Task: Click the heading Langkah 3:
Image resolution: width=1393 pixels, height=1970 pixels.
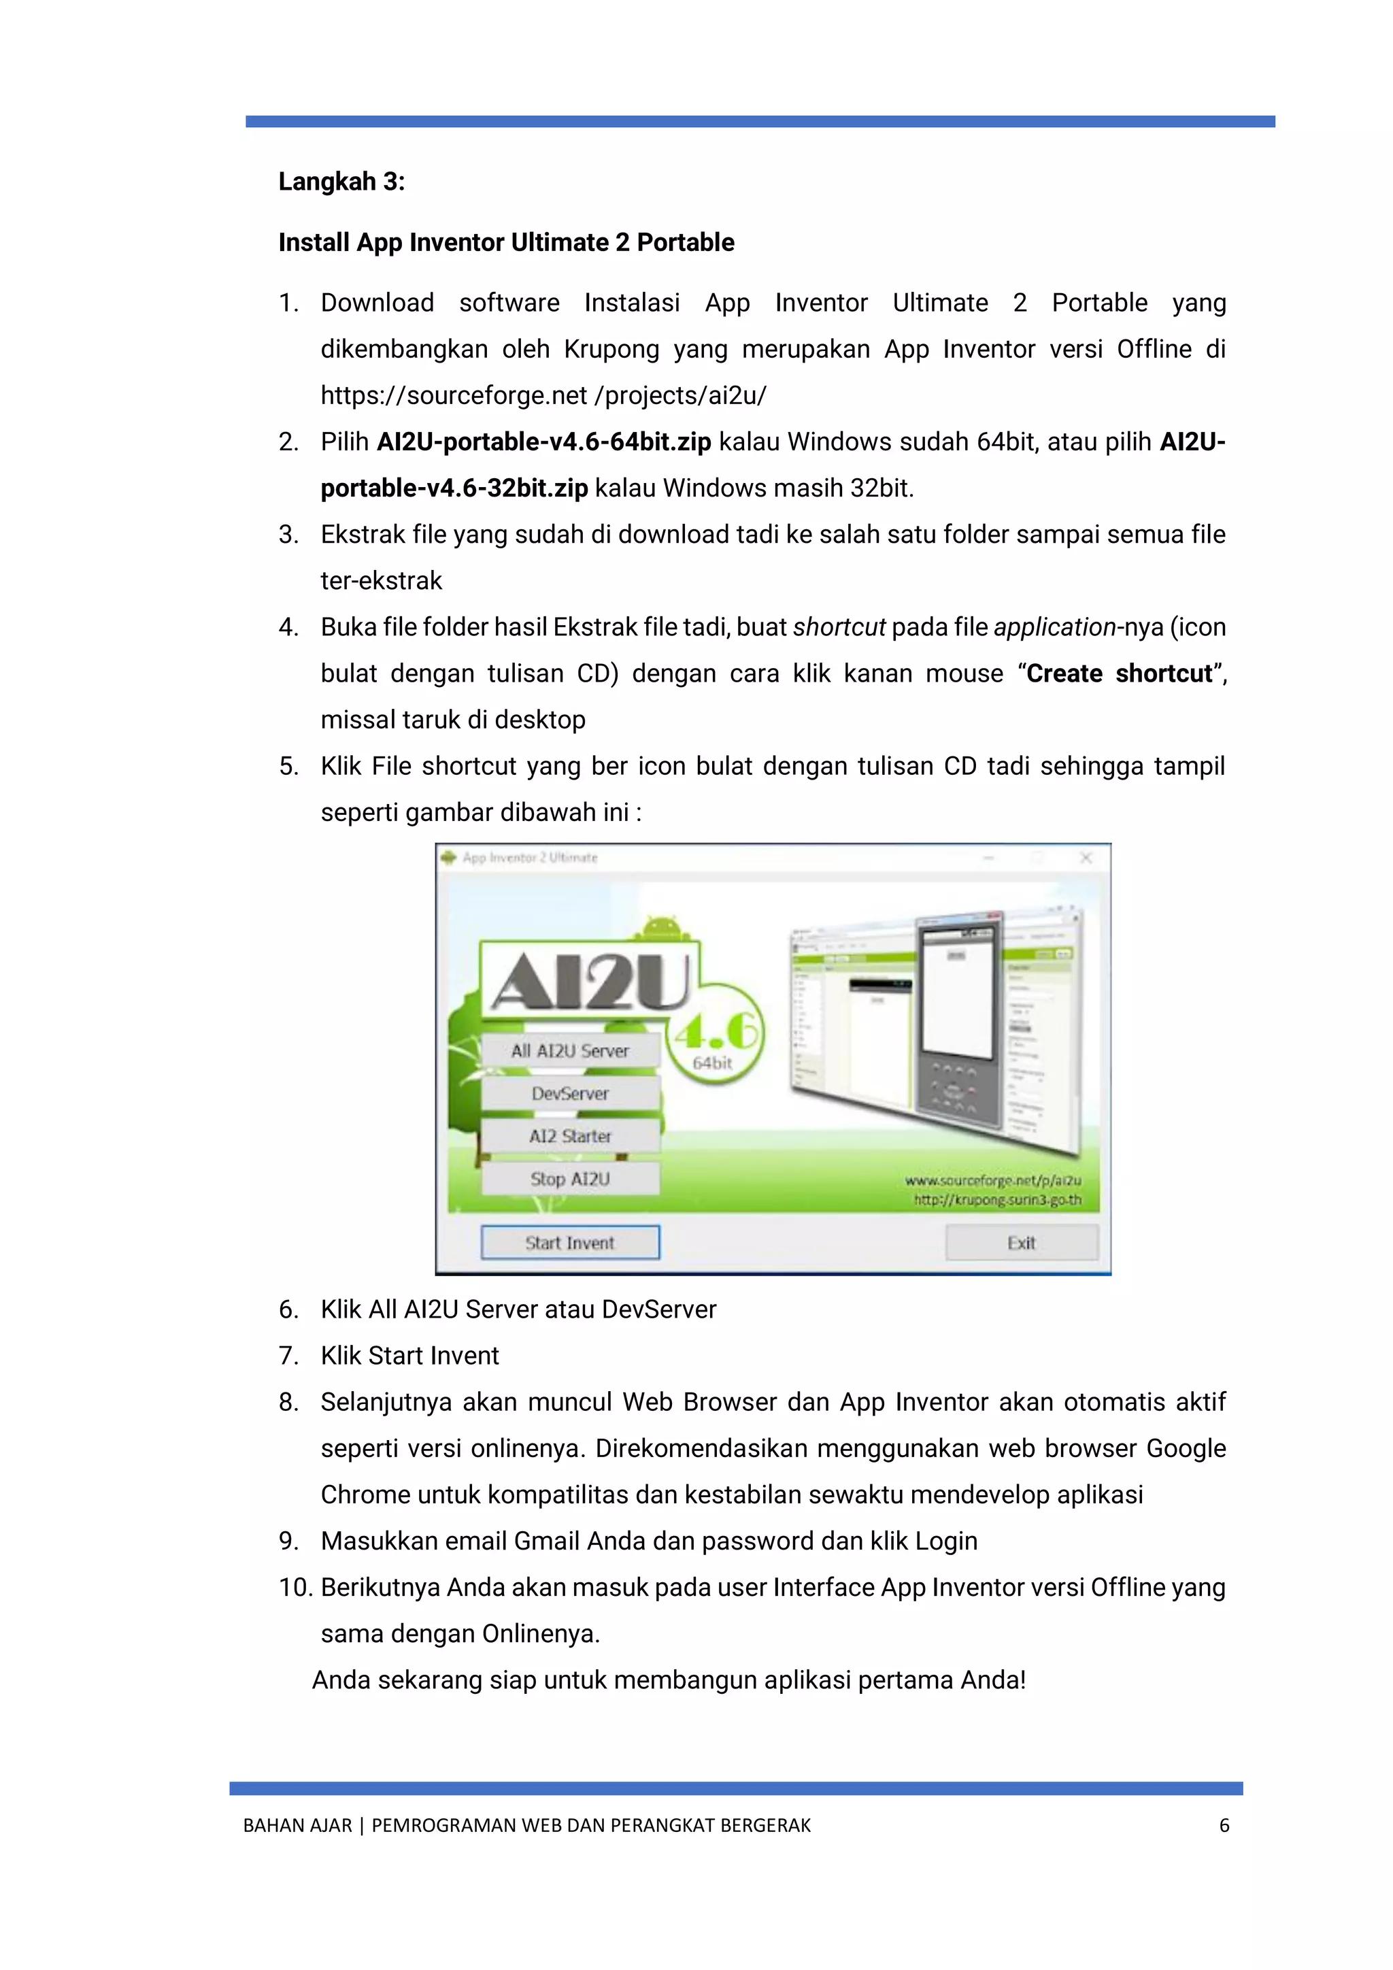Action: click(341, 182)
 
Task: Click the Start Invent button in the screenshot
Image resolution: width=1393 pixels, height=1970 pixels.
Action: click(569, 1242)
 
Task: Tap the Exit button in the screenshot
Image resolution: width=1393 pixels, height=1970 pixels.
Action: click(1021, 1242)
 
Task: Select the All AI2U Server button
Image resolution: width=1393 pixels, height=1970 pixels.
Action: click(569, 1050)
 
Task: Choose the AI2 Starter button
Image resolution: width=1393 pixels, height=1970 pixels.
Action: click(569, 1136)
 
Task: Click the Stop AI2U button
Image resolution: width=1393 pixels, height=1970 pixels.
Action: click(569, 1179)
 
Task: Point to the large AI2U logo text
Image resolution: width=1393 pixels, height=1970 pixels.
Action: click(590, 981)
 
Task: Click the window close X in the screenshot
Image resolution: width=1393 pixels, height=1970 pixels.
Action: click(1086, 857)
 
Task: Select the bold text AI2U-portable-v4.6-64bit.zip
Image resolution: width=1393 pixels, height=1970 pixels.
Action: click(544, 442)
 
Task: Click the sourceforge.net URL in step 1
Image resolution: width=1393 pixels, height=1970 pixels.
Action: click(543, 395)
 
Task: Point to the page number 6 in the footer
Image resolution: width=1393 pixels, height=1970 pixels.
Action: click(1224, 1826)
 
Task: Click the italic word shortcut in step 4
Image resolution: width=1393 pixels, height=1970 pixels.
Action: click(838, 627)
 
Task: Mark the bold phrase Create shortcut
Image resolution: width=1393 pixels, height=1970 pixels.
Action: click(1120, 673)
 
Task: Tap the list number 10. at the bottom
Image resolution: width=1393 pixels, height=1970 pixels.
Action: click(295, 1587)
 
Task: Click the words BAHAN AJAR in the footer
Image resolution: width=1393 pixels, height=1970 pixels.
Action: click(297, 1826)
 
